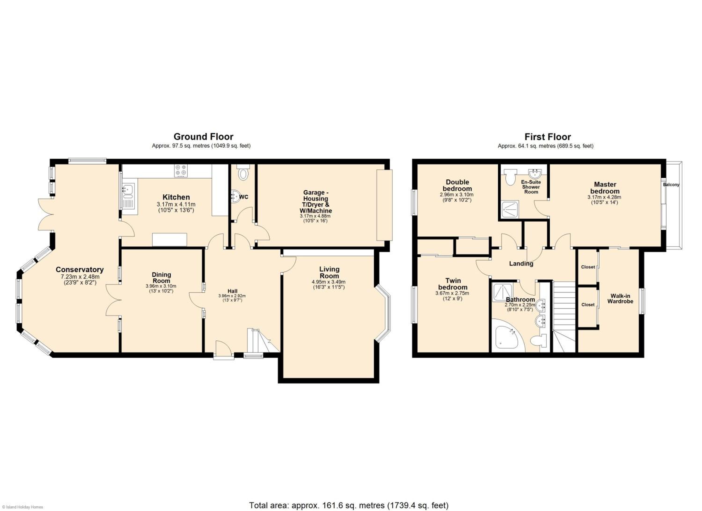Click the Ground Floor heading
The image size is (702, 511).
click(x=203, y=137)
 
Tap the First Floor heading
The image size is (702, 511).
click(x=548, y=137)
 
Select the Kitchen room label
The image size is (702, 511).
click(x=176, y=197)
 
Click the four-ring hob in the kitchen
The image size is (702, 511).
click(x=181, y=171)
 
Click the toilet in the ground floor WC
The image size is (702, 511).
click(x=243, y=172)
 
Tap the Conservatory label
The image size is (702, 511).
click(x=80, y=270)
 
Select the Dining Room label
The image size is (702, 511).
click(x=161, y=278)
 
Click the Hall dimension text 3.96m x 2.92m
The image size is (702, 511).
click(x=232, y=296)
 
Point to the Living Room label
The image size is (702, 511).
click(x=329, y=273)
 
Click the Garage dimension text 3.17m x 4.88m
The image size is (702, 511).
click(x=315, y=216)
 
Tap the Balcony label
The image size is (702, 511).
click(x=671, y=185)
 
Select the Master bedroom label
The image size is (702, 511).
click(x=605, y=188)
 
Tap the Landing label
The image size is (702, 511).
click(x=521, y=263)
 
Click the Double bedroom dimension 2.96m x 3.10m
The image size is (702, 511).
click(x=457, y=195)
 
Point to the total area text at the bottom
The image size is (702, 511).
click(x=349, y=505)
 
